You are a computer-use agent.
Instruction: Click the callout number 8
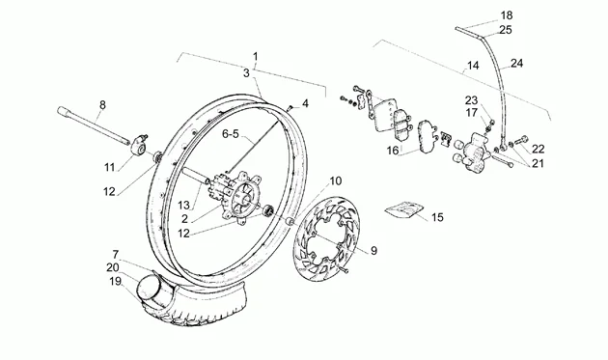(x=102, y=105)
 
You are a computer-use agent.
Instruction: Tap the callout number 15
(x=437, y=217)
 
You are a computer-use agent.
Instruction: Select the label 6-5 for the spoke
(x=231, y=134)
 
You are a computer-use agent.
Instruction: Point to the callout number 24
(x=516, y=63)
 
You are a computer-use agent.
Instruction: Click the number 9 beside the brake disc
(x=373, y=251)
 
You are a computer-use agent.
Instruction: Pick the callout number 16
(x=393, y=151)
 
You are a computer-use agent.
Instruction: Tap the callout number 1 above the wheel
(x=255, y=57)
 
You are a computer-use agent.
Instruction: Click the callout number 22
(x=538, y=149)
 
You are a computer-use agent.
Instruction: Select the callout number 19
(x=115, y=281)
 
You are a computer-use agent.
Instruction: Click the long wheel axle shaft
(x=94, y=125)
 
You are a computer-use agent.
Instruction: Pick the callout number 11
(x=110, y=168)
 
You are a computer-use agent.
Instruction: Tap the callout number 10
(x=336, y=180)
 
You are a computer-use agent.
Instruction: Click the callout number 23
(x=471, y=101)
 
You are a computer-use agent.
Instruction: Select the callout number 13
(x=183, y=205)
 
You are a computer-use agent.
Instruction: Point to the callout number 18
(x=506, y=15)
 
